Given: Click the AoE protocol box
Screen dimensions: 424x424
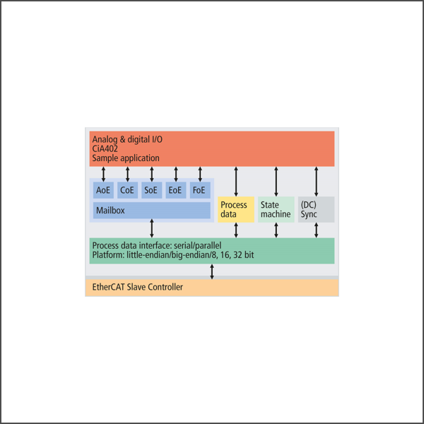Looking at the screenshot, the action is coord(103,190).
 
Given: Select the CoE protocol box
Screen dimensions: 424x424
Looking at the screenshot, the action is coord(127,190).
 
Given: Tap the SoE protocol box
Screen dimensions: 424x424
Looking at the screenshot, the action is coord(151,190).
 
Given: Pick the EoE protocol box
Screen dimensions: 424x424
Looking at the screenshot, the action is coord(176,190).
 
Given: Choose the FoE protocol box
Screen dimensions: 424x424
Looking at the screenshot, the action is coord(200,190).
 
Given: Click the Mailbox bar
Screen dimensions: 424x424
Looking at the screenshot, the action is coord(152,211).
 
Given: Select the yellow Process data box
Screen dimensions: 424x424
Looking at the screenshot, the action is coord(236,210).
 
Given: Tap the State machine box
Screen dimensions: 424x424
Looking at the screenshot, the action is coord(276,210).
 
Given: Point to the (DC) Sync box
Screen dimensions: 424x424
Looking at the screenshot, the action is coord(316,210).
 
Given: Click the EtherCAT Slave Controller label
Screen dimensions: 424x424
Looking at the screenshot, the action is coord(137,287).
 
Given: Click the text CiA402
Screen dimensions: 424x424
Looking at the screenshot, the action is coord(105,148).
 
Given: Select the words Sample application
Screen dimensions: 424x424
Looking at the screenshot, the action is coord(126,158).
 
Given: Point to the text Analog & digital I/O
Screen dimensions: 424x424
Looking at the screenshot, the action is coord(127,139).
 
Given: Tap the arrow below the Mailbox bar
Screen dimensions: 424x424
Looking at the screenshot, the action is coord(152,228).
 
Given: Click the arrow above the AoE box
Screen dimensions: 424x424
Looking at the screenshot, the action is coord(103,174).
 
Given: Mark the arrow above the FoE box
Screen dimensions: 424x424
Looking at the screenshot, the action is coord(200,174).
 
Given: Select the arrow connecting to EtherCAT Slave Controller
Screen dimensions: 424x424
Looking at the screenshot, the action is coord(212,271).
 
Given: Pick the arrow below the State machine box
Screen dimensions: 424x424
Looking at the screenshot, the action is coord(276,230).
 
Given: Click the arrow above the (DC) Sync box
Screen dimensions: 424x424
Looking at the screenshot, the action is coord(316,182).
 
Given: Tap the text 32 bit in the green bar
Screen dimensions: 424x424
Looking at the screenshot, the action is coord(243,255).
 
